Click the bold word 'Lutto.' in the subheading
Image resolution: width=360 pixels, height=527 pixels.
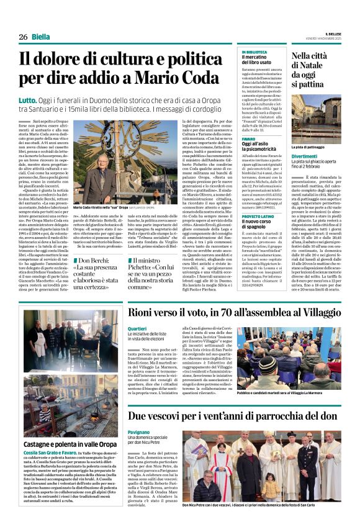28,99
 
